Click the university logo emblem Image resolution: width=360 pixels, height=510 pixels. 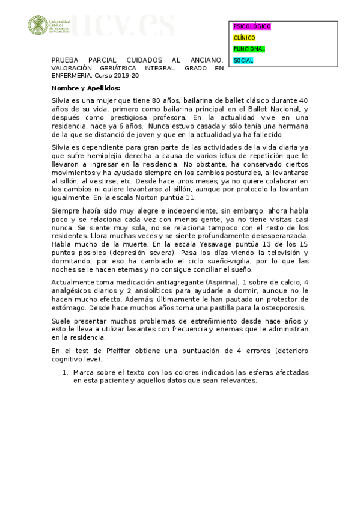pyautogui.click(x=38, y=25)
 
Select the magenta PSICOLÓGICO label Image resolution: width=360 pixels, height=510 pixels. pyautogui.click(x=252, y=27)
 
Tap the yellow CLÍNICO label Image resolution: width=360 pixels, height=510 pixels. pyautogui.click(x=244, y=38)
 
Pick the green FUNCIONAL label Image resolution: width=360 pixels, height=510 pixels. pyautogui.click(x=249, y=49)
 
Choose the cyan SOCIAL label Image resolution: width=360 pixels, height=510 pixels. pyautogui.click(x=243, y=60)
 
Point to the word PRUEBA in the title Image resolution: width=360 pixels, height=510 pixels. pyautogui.click(x=64, y=61)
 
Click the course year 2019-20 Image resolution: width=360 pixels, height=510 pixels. pyautogui.click(x=127, y=76)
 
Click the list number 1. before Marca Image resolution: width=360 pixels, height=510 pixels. pyautogui.click(x=67, y=373)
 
